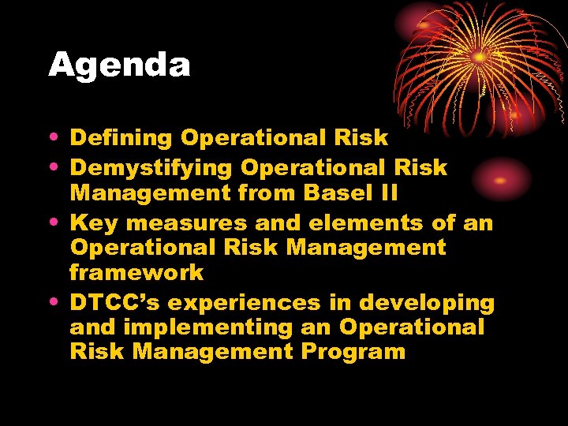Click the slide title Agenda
[119, 65]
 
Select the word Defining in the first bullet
[121, 139]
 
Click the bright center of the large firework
[479, 57]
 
